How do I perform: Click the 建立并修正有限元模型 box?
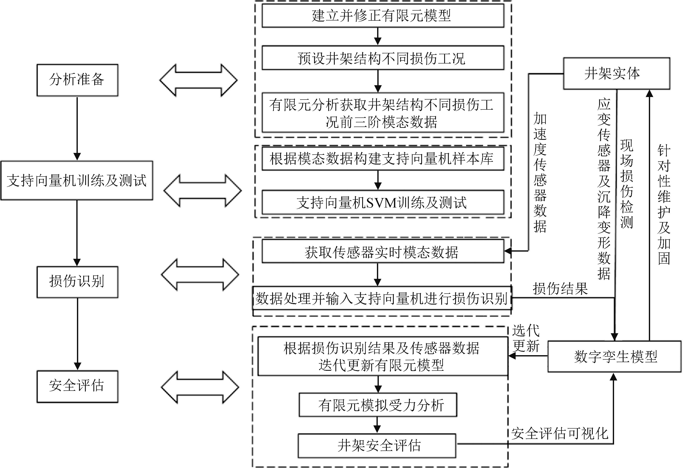383,16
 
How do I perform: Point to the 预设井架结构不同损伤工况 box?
383,58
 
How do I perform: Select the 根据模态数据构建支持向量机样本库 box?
383,159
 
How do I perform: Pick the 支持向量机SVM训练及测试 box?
383,202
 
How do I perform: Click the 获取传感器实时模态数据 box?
383,251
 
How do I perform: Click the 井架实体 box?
616,73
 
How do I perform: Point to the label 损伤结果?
560,289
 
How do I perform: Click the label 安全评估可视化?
560,433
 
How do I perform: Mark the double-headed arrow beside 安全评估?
200,387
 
